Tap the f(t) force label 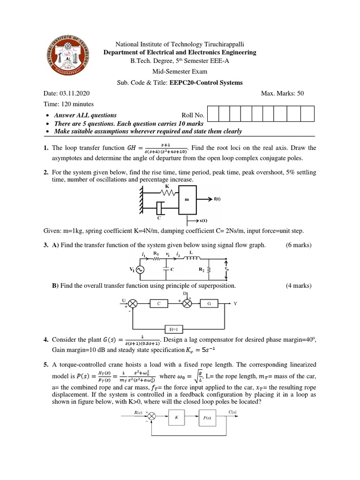coord(217,199)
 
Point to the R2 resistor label coord(201,270)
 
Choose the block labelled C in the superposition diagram coord(159,304)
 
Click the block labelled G coord(209,304)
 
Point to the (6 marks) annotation coord(299,245)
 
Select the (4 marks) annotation coord(299,285)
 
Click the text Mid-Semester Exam coord(180,73)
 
